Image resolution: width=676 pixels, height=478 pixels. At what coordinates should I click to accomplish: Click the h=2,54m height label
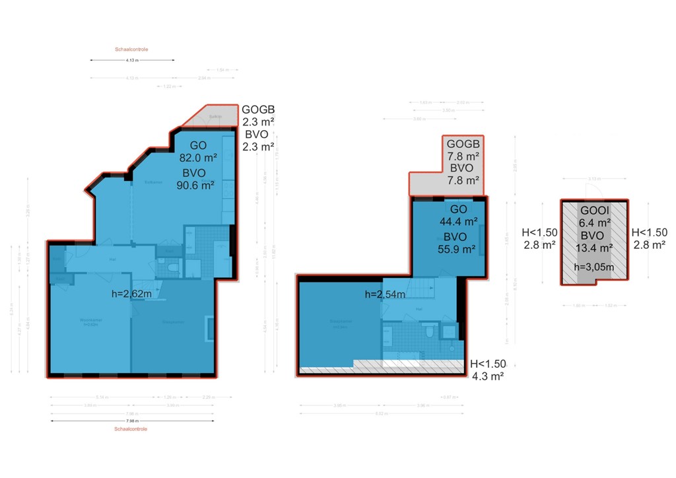pyautogui.click(x=386, y=294)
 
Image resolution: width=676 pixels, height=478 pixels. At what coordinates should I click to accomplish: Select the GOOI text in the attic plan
pyautogui.click(x=593, y=211)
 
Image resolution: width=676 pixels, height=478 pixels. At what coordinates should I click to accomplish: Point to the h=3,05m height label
pyautogui.click(x=593, y=267)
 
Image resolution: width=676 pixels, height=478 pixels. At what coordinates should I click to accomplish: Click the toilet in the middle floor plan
pyautogui.click(x=430, y=331)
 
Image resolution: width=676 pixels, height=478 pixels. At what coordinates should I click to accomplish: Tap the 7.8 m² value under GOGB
pyautogui.click(x=463, y=156)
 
